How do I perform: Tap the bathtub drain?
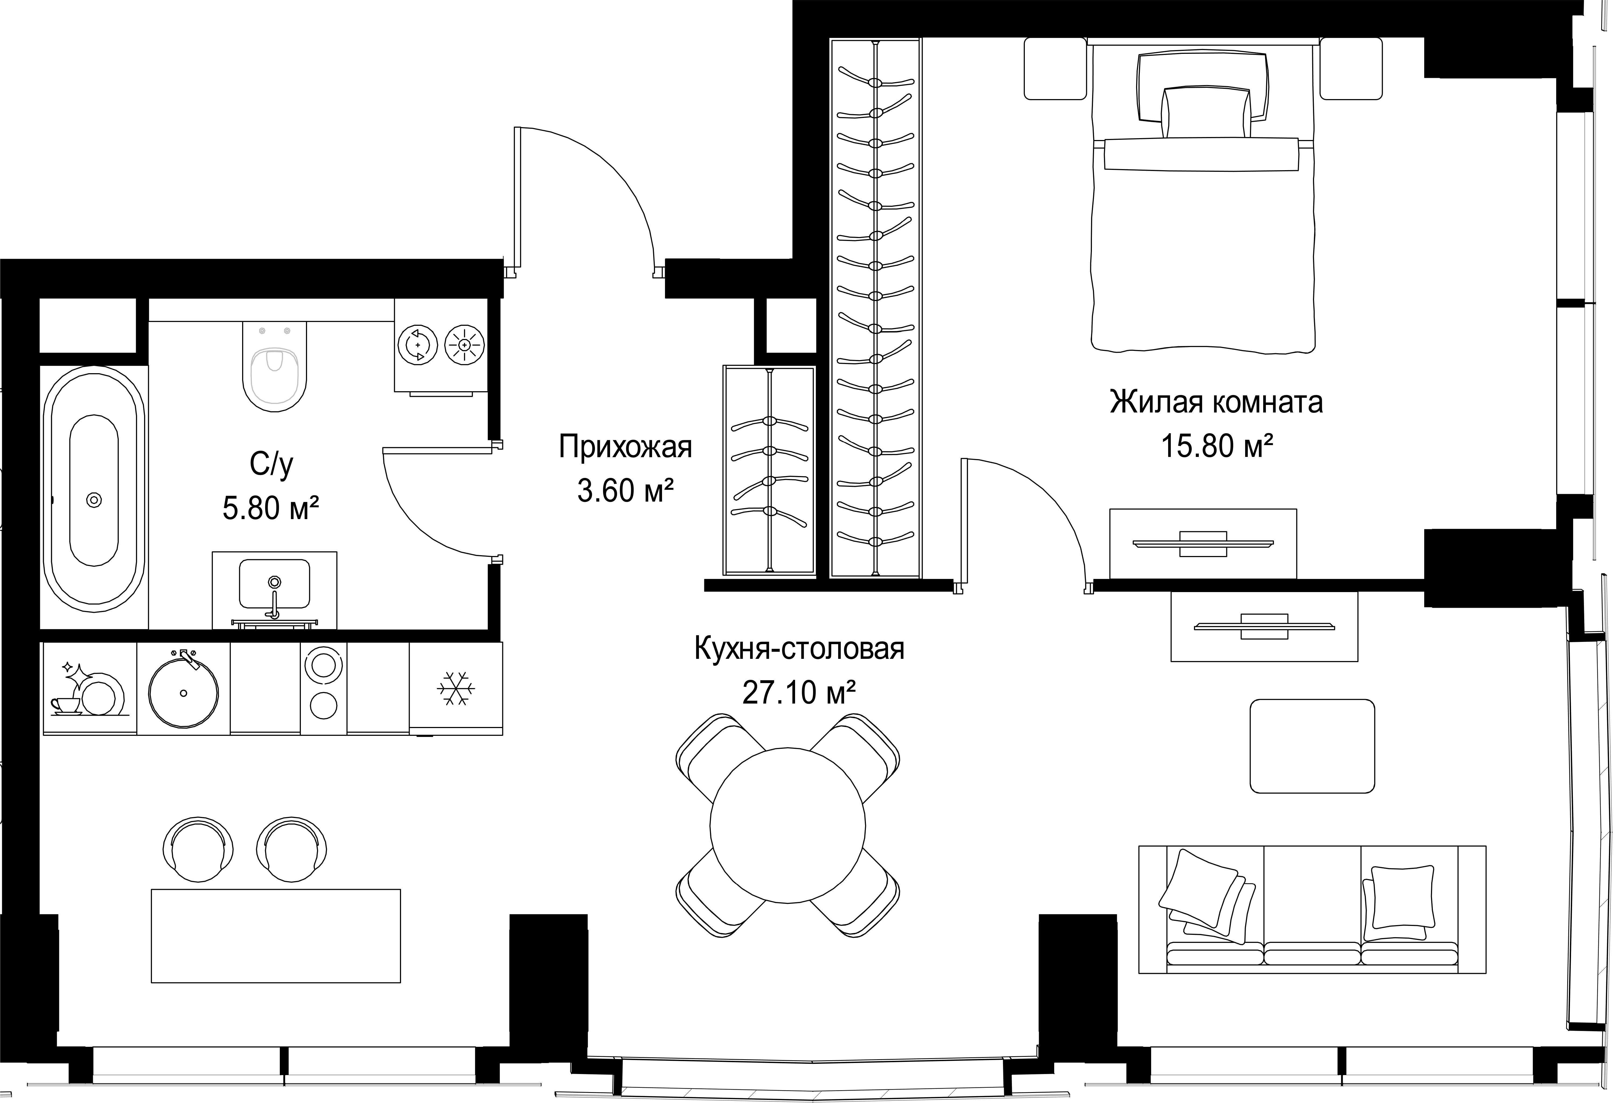pyautogui.click(x=94, y=500)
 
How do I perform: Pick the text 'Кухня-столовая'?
pyautogui.click(x=799, y=649)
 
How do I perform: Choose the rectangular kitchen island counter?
pyautogui.click(x=276, y=935)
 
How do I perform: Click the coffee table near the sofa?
pyautogui.click(x=1312, y=746)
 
